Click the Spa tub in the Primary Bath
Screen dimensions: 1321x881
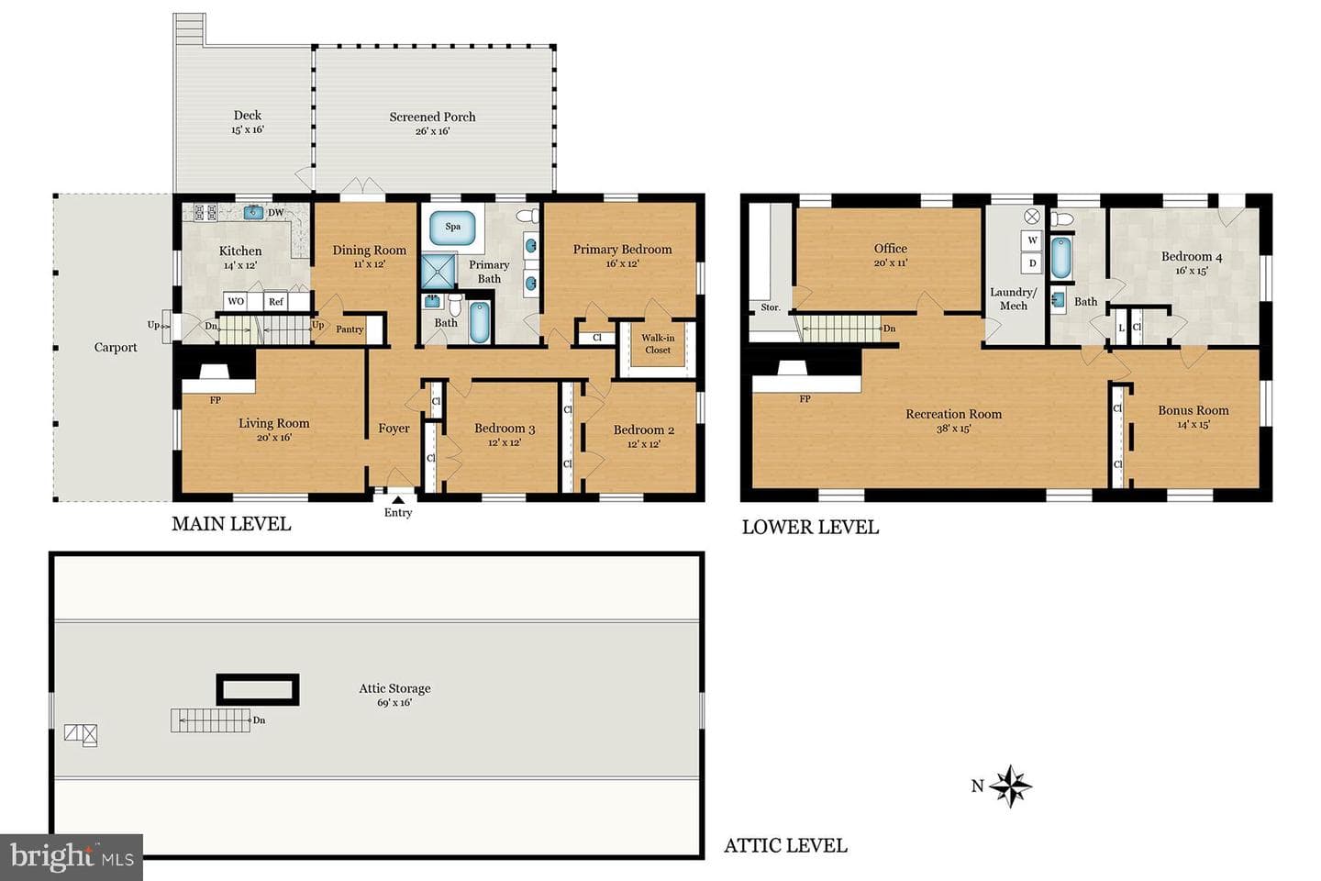pyautogui.click(x=452, y=228)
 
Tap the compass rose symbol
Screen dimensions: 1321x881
pyautogui.click(x=1010, y=786)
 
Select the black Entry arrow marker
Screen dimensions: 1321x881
pyautogui.click(x=399, y=499)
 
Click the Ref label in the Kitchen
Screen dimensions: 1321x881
pyautogui.click(x=276, y=302)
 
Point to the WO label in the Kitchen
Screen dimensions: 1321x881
pyautogui.click(x=236, y=301)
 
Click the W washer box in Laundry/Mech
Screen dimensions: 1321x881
pyautogui.click(x=1032, y=240)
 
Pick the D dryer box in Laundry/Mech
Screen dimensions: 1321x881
pyautogui.click(x=1032, y=263)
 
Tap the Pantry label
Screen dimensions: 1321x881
pyautogui.click(x=350, y=329)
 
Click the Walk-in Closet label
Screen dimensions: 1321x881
pyautogui.click(x=658, y=343)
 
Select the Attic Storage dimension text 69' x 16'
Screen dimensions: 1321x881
pyautogui.click(x=394, y=703)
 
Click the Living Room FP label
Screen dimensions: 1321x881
pyautogui.click(x=216, y=400)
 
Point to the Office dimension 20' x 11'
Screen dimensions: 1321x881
pyautogui.click(x=891, y=263)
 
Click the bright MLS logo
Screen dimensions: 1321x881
pyautogui.click(x=72, y=857)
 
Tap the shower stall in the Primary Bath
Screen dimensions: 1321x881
pyautogui.click(x=438, y=271)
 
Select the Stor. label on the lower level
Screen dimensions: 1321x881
pyautogui.click(x=771, y=307)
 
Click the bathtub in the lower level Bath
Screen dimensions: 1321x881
pyautogui.click(x=1060, y=258)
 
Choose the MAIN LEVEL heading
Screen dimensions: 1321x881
pyautogui.click(x=231, y=524)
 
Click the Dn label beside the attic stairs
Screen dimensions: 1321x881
pyautogui.click(x=259, y=720)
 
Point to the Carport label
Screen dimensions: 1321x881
pyautogui.click(x=116, y=348)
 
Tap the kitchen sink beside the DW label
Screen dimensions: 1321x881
pyautogui.click(x=253, y=212)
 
